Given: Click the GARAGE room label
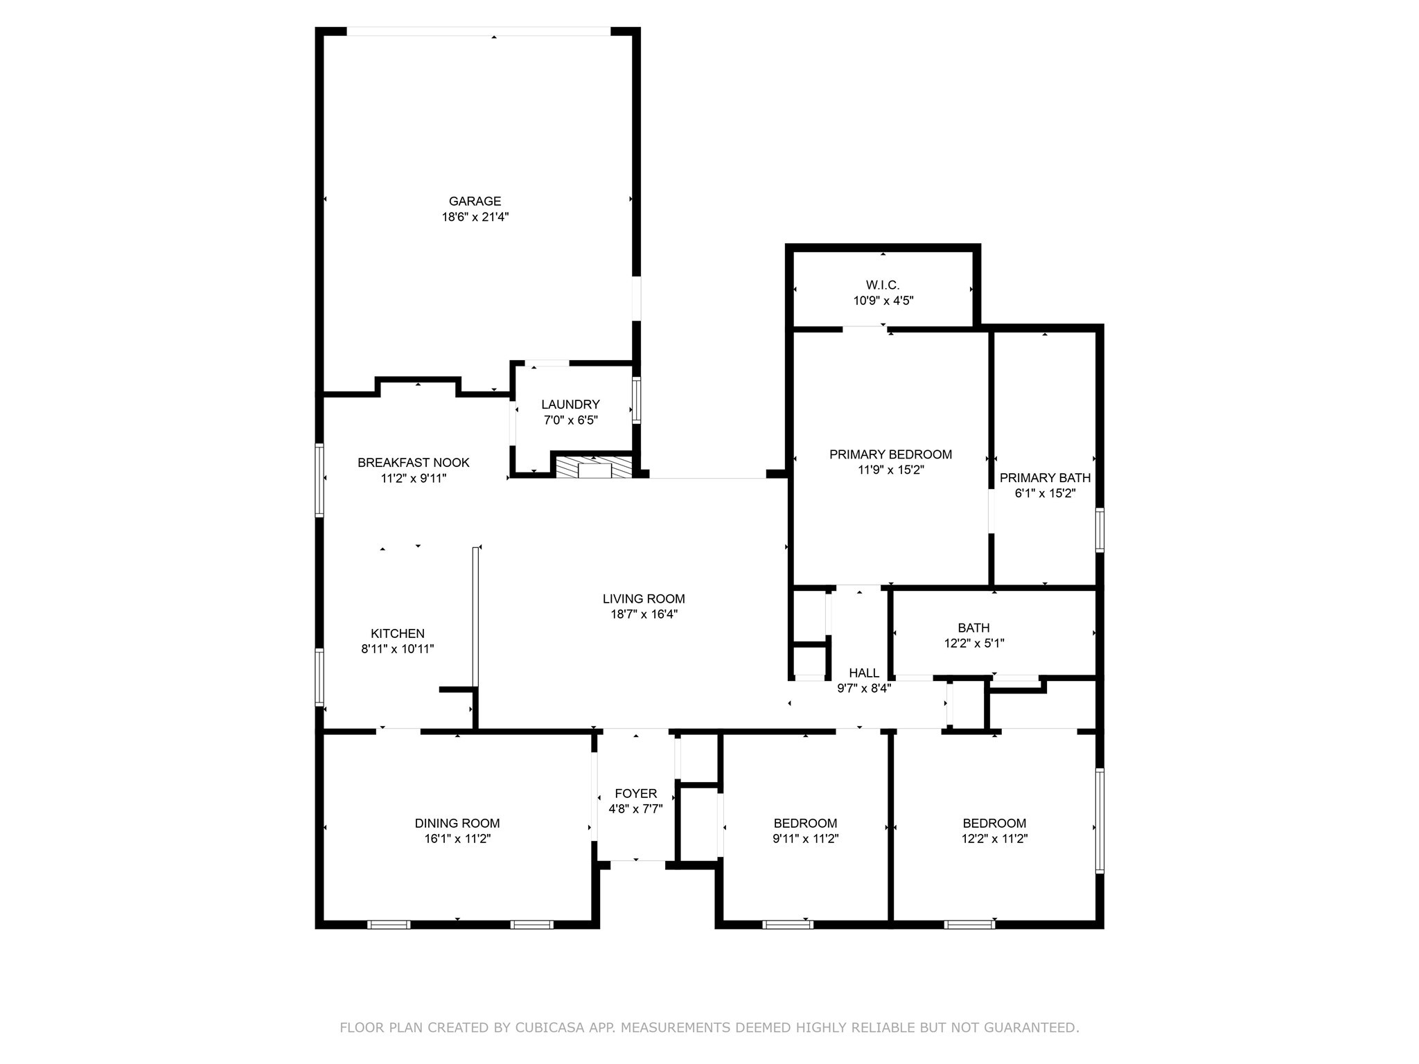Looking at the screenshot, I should [475, 201].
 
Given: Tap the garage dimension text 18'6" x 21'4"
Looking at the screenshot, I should [475, 217].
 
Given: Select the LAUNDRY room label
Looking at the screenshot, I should [570, 405].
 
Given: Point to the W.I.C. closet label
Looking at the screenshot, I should [883, 285].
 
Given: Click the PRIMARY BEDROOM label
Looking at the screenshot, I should [890, 454].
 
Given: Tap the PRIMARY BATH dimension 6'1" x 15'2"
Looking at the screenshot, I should [1045, 493].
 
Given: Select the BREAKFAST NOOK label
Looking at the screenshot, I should [413, 462].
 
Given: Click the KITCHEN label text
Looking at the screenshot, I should [397, 633].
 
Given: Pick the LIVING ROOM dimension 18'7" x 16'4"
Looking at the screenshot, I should [644, 614].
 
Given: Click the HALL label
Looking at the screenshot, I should [864, 673].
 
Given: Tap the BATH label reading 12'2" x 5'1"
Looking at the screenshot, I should [973, 643].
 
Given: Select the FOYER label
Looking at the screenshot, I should [635, 793].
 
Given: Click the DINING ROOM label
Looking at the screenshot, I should [457, 823].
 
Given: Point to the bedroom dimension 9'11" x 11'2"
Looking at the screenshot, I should [805, 838].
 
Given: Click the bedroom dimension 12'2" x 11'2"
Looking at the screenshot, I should [994, 838].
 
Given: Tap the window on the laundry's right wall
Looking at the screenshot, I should [636, 400].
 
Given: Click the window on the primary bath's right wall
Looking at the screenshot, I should [1099, 530].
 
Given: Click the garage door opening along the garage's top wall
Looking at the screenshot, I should [478, 31].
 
